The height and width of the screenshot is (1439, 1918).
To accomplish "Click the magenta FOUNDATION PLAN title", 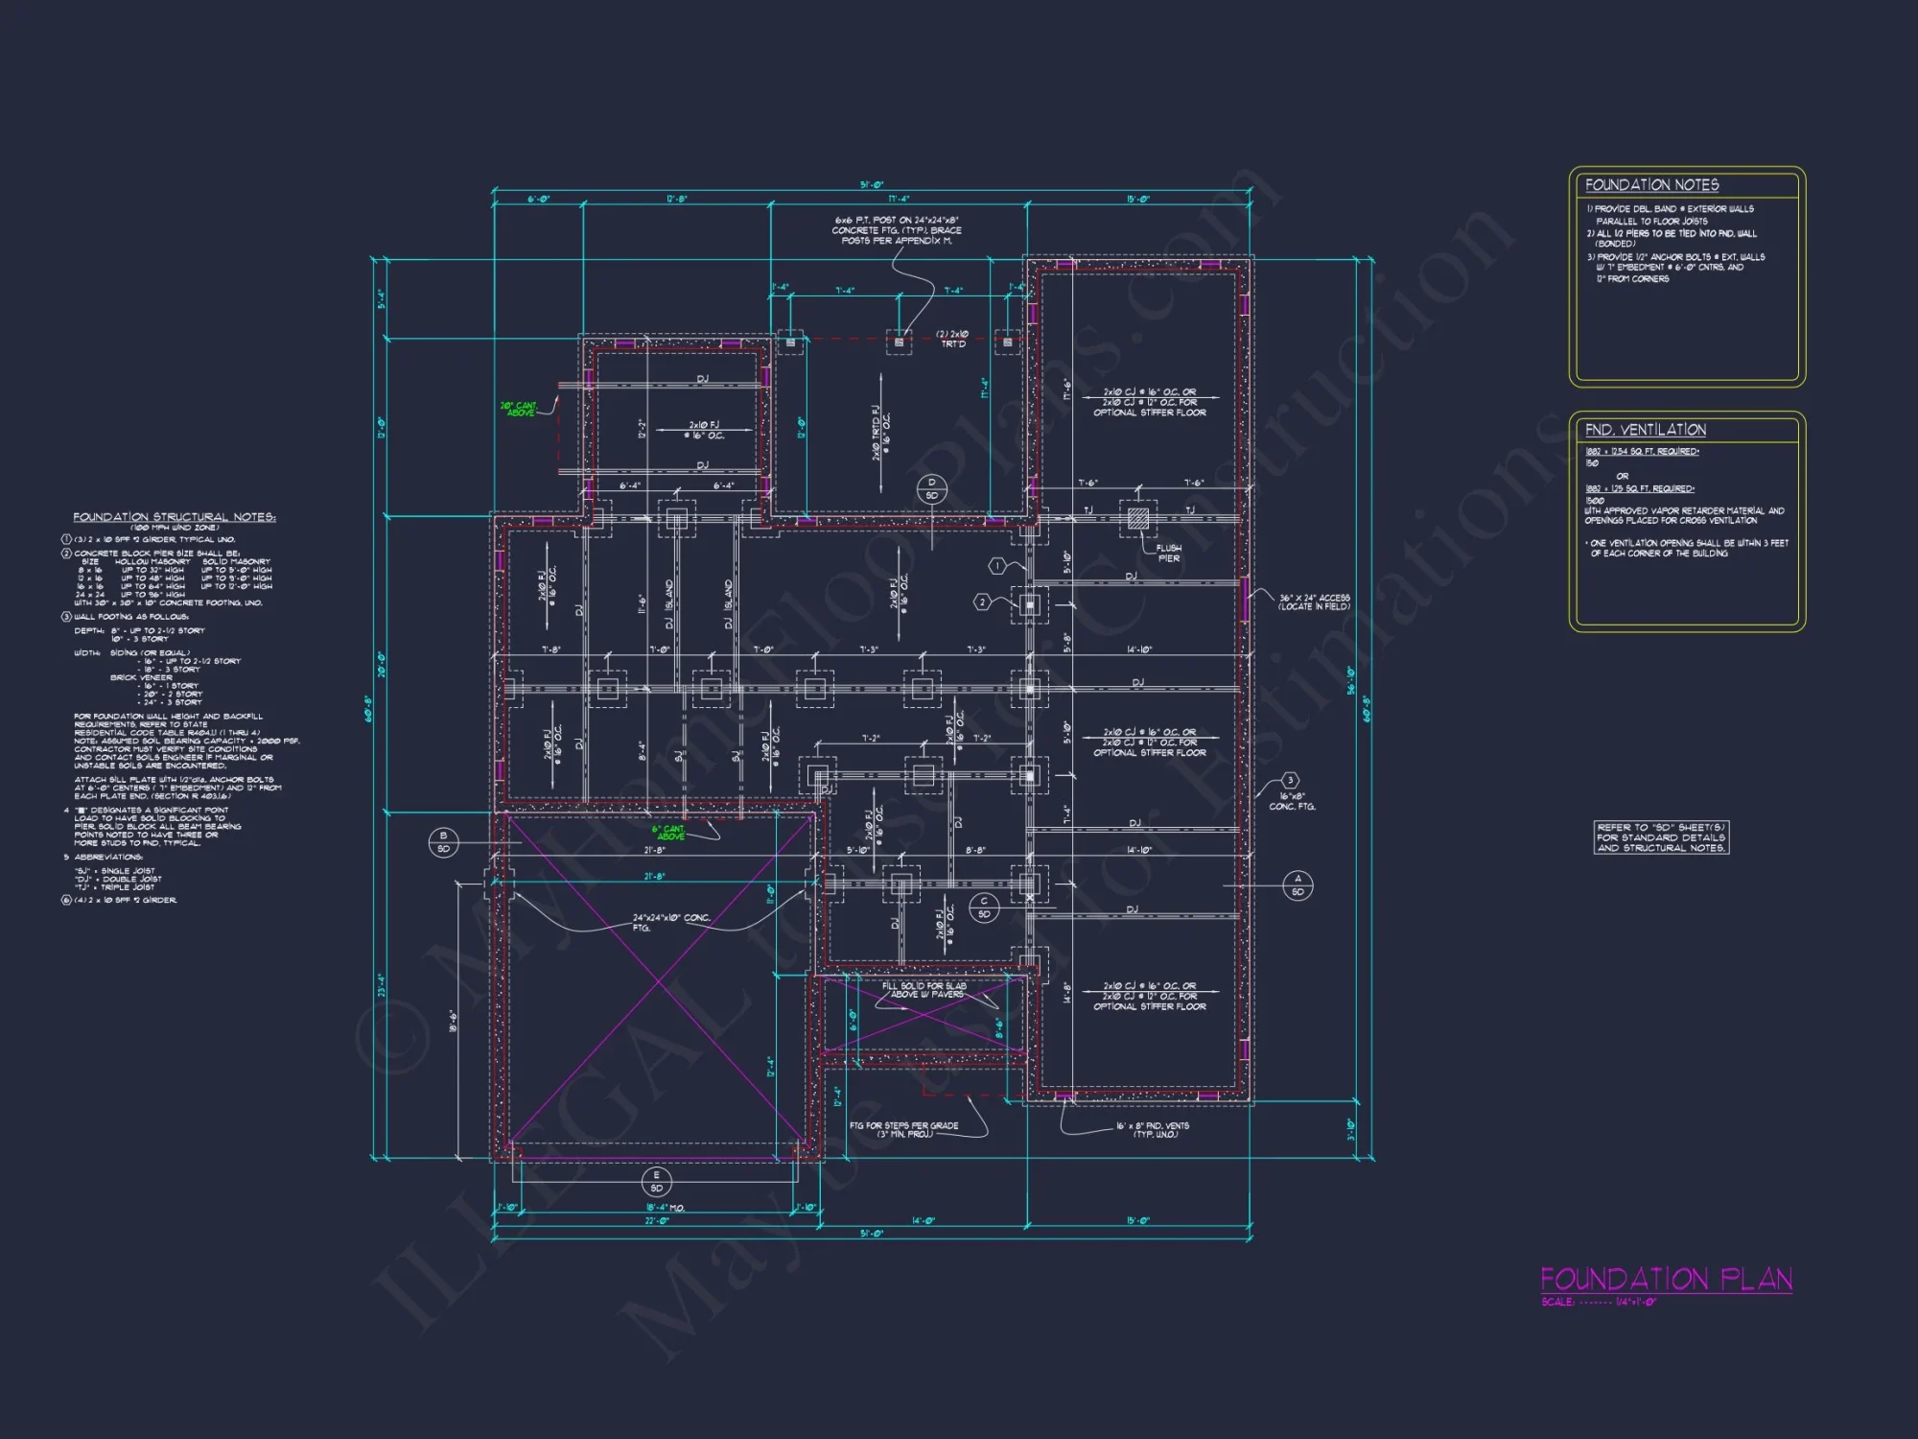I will [x=1666, y=1279].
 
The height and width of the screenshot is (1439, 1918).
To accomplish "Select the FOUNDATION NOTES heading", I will [x=1651, y=185].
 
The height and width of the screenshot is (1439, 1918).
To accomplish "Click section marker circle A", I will [x=1298, y=885].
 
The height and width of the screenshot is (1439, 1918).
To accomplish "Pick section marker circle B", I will [x=443, y=842].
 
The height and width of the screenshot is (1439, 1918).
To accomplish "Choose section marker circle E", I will [x=656, y=1181].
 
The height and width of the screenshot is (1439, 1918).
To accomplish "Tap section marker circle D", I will [x=931, y=488].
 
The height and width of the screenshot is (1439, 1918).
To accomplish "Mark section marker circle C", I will [x=984, y=908].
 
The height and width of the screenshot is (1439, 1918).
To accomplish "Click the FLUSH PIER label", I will [x=1168, y=554].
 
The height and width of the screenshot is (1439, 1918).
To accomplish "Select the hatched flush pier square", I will [x=1138, y=519].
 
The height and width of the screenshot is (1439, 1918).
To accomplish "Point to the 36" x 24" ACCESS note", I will [x=1314, y=602].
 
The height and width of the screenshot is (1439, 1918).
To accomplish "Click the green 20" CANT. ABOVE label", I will [x=519, y=409].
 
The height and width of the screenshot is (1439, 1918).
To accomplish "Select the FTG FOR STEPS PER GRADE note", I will [x=903, y=1129].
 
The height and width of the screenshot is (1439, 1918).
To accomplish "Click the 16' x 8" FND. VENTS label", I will [x=1152, y=1130].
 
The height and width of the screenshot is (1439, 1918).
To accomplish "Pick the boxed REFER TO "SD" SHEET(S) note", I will [x=1661, y=837].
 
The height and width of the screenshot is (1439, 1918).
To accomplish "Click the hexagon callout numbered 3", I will [x=1291, y=781].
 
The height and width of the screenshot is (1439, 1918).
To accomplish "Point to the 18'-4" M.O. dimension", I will [x=665, y=1208].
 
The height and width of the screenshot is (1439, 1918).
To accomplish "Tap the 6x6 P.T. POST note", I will [x=897, y=230].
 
